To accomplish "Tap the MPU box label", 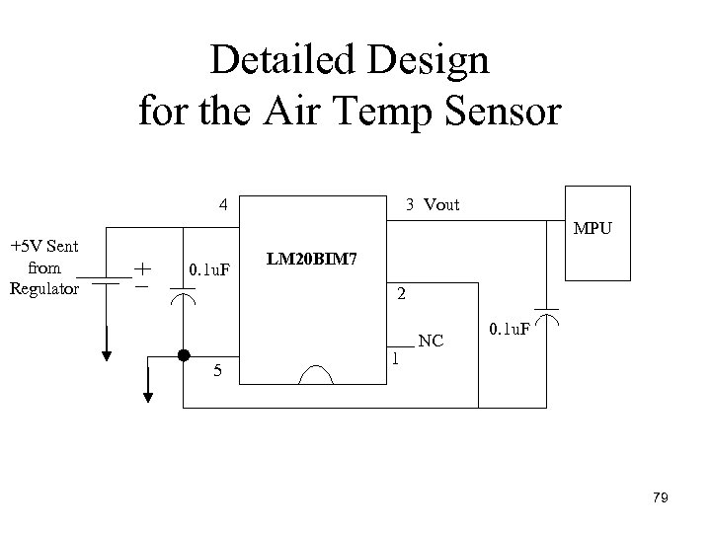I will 593,229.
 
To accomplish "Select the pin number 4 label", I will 224,205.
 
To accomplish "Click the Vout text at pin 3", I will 441,205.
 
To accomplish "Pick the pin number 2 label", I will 400,294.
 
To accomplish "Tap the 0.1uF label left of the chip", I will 209,268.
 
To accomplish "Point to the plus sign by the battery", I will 143,266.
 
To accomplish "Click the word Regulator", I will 43,288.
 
